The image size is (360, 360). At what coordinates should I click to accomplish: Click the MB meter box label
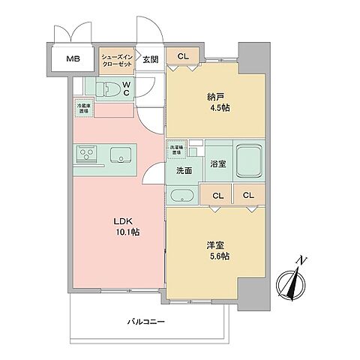coord(73,59)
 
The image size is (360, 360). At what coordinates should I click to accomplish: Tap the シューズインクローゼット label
coord(116,59)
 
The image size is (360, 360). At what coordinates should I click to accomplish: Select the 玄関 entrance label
coord(151,59)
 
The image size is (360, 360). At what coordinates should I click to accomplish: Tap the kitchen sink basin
coord(121,156)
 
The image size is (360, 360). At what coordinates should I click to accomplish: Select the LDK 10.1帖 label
coord(126,227)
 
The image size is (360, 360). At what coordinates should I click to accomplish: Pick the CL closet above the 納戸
coord(183,55)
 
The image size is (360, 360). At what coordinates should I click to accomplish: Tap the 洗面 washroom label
coord(184,171)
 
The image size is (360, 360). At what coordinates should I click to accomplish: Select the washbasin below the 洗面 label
coord(183,196)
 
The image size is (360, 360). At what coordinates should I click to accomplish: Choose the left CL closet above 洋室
coord(217,196)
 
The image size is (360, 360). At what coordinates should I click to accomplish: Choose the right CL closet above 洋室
coord(248,196)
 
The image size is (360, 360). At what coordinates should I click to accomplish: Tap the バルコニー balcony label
coord(146,322)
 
